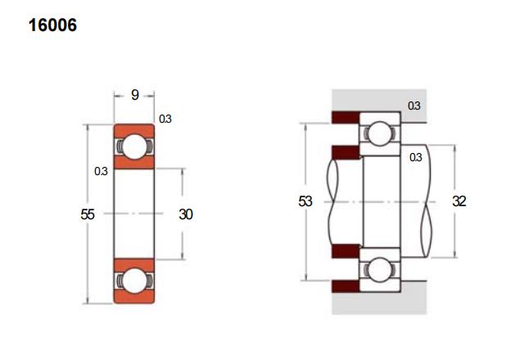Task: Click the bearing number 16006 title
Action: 52,25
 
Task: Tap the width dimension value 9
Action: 134,95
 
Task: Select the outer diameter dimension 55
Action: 88,214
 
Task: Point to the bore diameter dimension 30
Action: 186,214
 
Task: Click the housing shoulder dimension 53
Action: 305,201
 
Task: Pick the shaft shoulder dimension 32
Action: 459,201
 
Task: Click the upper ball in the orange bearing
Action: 134,146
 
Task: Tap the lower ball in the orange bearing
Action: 134,281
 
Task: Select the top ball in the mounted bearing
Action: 380,133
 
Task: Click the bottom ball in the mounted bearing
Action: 380,269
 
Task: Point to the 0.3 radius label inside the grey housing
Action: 414,106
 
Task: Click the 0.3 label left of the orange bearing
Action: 101,171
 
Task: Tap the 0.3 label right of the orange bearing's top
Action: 165,119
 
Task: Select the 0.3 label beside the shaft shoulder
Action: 416,157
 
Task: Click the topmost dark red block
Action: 346,117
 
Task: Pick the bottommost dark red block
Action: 346,286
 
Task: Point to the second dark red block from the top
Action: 346,152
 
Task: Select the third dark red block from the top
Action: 346,251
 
